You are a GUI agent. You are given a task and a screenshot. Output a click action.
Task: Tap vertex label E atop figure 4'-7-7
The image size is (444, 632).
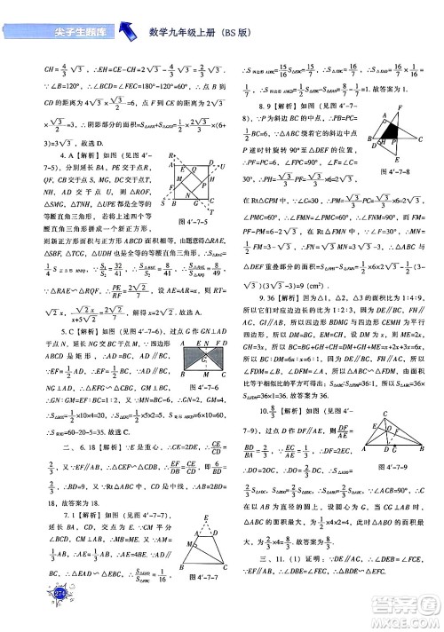[207, 517]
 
